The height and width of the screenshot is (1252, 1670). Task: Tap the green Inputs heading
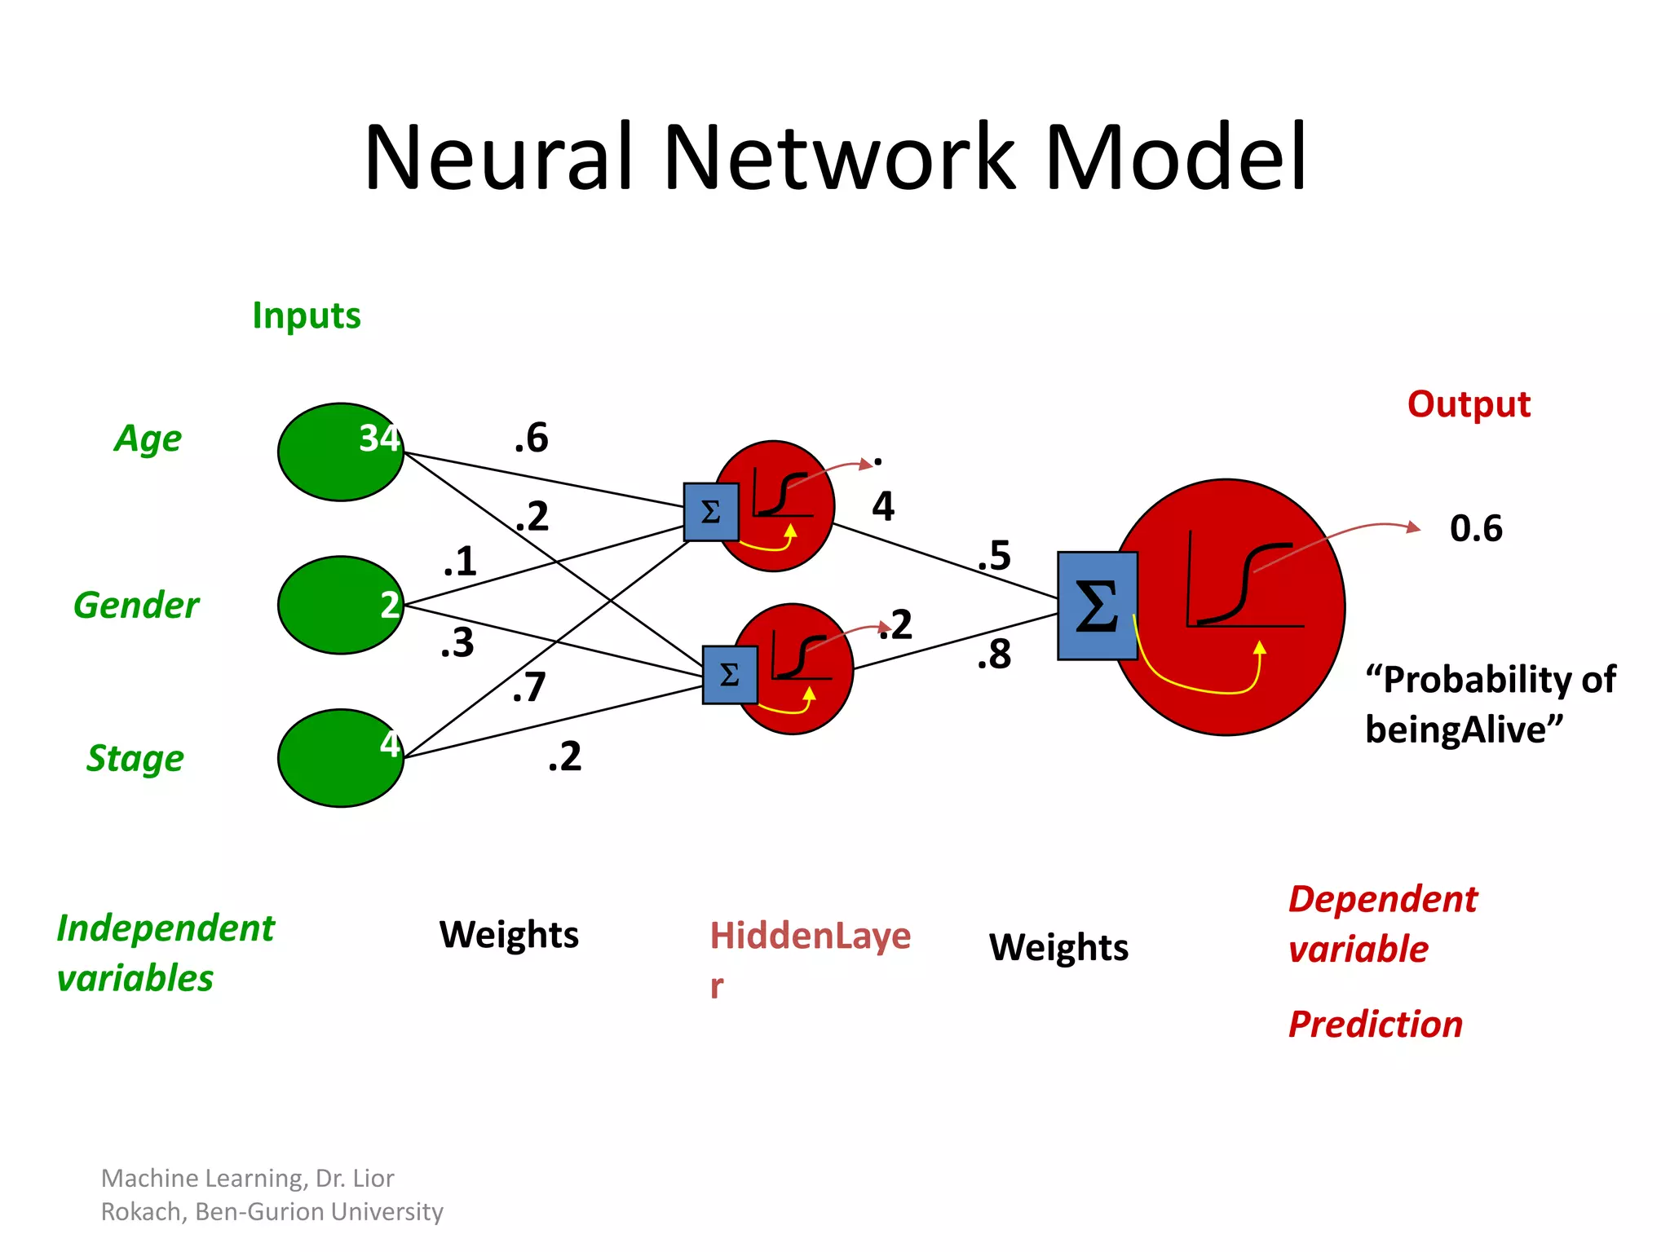point(306,315)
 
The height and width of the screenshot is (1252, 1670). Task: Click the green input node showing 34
point(341,452)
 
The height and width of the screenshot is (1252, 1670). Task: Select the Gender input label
point(136,605)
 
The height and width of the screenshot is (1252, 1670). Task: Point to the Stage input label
point(135,758)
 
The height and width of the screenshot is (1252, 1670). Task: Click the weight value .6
point(532,438)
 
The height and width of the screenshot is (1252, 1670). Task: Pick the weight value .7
point(529,686)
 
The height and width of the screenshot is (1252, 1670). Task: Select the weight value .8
point(994,655)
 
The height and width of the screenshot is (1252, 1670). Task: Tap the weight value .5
point(994,556)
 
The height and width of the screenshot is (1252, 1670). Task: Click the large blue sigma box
point(1097,606)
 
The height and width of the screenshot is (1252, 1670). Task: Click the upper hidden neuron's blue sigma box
point(711,512)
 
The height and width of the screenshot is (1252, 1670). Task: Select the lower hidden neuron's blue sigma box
point(730,674)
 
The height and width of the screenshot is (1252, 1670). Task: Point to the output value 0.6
point(1476,528)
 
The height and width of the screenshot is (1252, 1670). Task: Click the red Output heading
point(1469,404)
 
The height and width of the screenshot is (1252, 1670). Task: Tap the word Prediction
point(1375,1024)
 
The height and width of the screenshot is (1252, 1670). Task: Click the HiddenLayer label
point(810,936)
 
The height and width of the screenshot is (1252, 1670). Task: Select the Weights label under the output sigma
point(1058,947)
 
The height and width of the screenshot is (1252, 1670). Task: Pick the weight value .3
point(457,643)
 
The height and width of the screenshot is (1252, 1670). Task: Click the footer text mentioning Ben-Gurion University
point(319,1211)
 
